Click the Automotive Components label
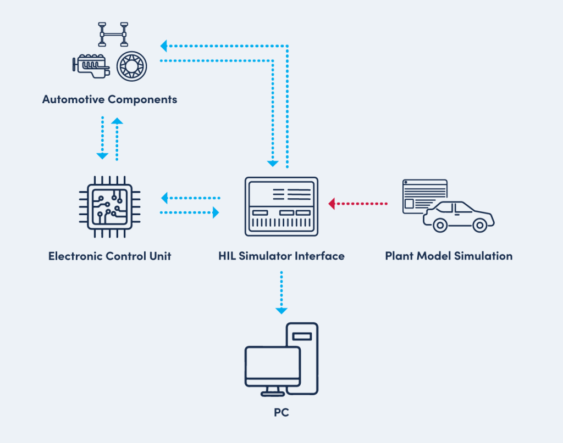click(109, 99)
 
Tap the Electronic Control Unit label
click(109, 256)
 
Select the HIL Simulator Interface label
click(281, 256)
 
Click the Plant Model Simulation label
click(449, 256)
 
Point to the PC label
click(281, 412)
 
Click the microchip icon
click(110, 206)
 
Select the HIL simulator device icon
click(281, 206)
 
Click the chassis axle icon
click(113, 34)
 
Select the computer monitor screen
click(273, 367)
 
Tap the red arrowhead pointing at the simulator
click(332, 204)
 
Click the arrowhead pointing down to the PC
click(281, 311)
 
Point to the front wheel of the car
click(479, 225)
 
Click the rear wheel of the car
click(439, 225)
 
